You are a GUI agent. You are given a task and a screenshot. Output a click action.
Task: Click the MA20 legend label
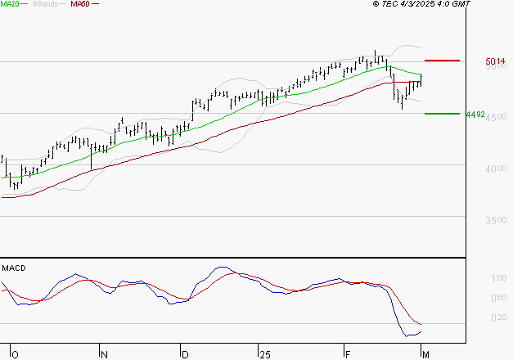click(10, 5)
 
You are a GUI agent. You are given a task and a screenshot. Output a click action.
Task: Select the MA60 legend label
click(80, 5)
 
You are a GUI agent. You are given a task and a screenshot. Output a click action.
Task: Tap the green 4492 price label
click(475, 115)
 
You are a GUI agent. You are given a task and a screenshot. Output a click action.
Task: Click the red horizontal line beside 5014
click(442, 61)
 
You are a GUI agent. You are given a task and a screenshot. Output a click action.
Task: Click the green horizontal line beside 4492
click(441, 114)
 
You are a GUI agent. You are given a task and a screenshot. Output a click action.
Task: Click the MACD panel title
click(14, 268)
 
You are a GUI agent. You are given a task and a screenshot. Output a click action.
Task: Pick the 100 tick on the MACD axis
click(497, 279)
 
